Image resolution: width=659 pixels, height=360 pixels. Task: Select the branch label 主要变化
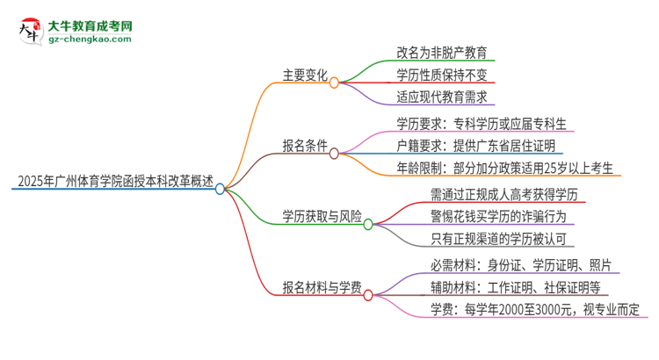coord(304,76)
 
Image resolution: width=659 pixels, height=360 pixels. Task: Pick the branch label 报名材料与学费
coord(316,291)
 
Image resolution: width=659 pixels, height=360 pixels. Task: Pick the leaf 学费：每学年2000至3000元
coord(534,309)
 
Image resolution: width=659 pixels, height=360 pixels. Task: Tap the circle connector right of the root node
coord(221,188)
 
